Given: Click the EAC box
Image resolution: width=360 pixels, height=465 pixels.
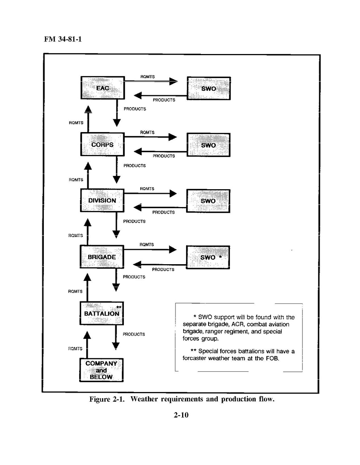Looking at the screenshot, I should (102, 88).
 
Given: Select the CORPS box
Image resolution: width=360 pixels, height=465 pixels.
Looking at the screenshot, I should (102, 144).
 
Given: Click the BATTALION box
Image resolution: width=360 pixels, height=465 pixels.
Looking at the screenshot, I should (101, 313).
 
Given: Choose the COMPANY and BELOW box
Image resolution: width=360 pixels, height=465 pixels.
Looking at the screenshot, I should (101, 370).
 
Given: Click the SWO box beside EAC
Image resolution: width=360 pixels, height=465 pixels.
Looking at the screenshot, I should (209, 89).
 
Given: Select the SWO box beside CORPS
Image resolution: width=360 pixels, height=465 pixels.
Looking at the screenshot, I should (209, 145).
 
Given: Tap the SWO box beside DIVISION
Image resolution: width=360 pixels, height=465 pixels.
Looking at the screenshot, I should (208, 201).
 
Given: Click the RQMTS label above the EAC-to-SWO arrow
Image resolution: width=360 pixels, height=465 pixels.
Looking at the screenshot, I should (148, 77).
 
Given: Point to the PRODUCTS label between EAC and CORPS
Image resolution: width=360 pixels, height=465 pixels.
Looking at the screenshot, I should (135, 109).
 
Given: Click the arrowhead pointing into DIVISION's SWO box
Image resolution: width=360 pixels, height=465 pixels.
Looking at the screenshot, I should (173, 193).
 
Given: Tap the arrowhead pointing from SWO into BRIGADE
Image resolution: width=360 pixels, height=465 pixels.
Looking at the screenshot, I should (137, 265).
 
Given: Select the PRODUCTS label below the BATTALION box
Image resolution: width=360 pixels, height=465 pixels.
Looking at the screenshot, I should (134, 334).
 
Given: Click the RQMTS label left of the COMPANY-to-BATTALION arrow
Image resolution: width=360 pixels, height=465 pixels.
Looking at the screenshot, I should (75, 348).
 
